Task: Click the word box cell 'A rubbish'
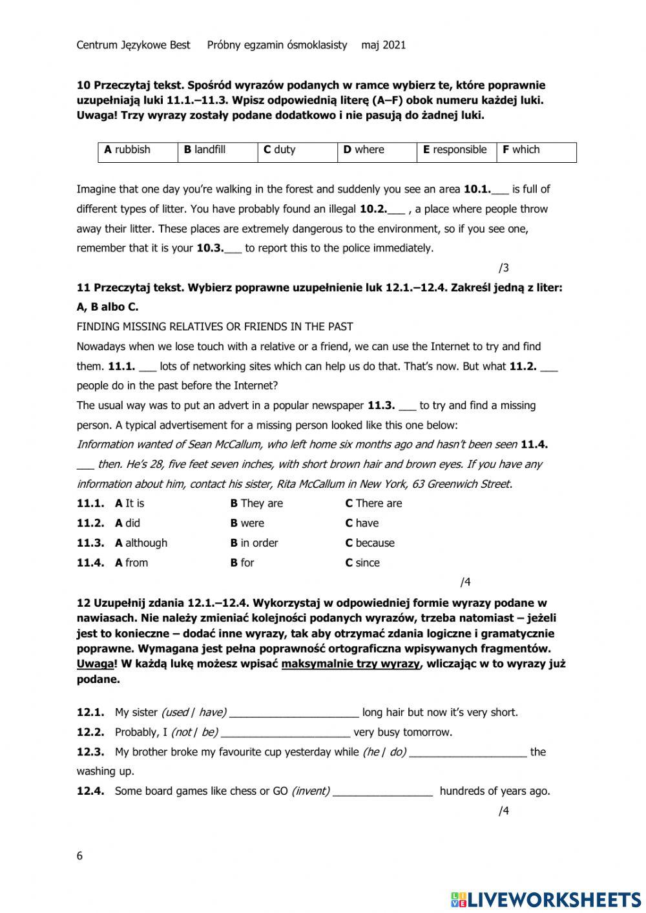click(137, 150)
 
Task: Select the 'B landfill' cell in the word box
click(216, 150)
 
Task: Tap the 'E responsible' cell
click(455, 150)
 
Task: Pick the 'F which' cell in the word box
click(536, 150)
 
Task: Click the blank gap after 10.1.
click(501, 190)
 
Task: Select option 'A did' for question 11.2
click(127, 523)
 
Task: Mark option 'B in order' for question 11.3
click(254, 543)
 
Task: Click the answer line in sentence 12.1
click(294, 713)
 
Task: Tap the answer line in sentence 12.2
click(285, 733)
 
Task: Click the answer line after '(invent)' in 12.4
click(382, 792)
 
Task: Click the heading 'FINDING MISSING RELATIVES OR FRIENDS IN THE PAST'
click(214, 327)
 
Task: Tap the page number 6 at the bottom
click(79, 857)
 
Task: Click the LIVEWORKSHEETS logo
click(546, 899)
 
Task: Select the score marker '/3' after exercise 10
click(504, 268)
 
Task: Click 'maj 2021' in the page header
click(384, 45)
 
